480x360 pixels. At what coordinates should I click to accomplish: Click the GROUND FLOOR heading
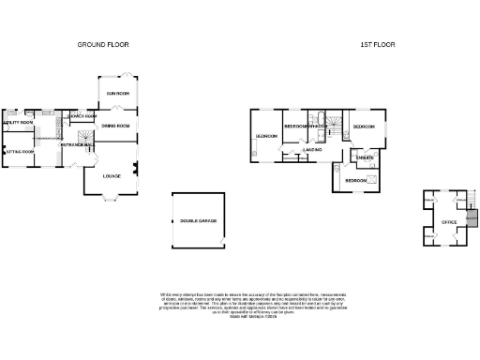[103, 44]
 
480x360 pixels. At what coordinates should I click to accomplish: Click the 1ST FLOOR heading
[374, 44]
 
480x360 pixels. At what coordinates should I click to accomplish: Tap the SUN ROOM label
[118, 94]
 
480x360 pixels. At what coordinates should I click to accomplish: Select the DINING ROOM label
[114, 125]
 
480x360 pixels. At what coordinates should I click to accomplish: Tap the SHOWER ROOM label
[82, 117]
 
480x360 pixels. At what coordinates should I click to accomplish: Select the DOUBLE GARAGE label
[198, 221]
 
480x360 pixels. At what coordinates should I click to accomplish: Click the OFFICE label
[443, 222]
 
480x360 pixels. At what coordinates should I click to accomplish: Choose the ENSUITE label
[366, 157]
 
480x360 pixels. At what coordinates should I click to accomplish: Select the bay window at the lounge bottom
[111, 197]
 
